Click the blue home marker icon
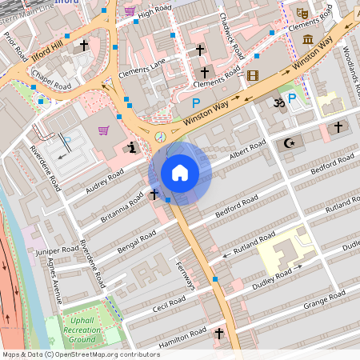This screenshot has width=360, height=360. (180, 173)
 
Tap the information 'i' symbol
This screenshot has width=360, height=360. (131, 147)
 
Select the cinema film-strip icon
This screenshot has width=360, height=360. (254, 76)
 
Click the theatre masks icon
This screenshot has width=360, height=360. (302, 13)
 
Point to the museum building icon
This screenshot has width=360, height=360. (307, 38)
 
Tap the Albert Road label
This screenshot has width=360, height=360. (247, 150)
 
